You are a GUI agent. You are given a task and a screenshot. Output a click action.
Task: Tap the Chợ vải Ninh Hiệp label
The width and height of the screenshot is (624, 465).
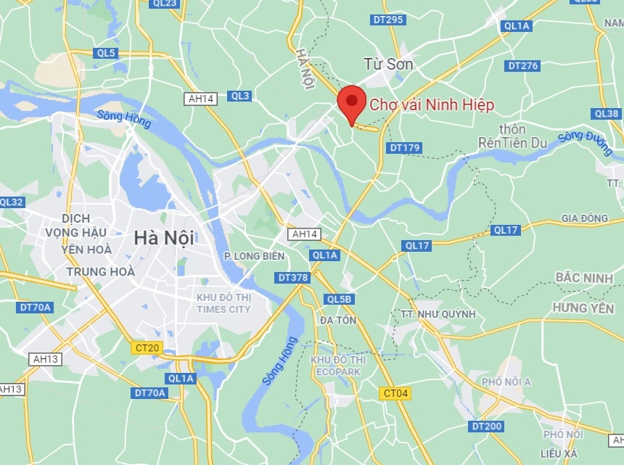pyautogui.click(x=432, y=105)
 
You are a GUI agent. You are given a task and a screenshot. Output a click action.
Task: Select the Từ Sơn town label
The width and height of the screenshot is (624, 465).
pyautogui.click(x=389, y=65)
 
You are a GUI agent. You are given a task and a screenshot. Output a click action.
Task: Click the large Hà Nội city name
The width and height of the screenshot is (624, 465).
pyautogui.click(x=163, y=236)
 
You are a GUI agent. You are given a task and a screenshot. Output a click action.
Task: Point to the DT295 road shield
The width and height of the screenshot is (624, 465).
pyautogui.click(x=387, y=20)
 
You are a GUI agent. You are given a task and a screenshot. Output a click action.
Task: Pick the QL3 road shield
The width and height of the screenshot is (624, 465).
pyautogui.click(x=239, y=96)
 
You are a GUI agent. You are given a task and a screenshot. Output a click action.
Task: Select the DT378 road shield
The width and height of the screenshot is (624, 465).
pyautogui.click(x=292, y=278)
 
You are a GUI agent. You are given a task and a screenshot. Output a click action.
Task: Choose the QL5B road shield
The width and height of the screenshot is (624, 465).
pyautogui.click(x=339, y=299)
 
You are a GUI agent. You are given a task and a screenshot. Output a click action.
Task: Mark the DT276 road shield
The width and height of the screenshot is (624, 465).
pyautogui.click(x=522, y=66)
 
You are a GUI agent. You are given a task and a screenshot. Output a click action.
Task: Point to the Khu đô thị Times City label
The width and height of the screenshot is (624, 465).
pyautogui.click(x=223, y=303)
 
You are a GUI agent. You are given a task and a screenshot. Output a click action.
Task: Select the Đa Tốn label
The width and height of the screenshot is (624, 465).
pyautogui.click(x=337, y=320)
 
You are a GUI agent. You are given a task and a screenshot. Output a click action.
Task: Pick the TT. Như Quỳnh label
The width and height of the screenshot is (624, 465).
pyautogui.click(x=438, y=314)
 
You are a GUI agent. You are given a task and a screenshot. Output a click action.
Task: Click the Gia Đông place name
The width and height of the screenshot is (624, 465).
pyautogui.click(x=585, y=218)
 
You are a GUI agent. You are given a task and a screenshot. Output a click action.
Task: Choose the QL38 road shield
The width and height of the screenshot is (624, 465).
pyautogui.click(x=606, y=114)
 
